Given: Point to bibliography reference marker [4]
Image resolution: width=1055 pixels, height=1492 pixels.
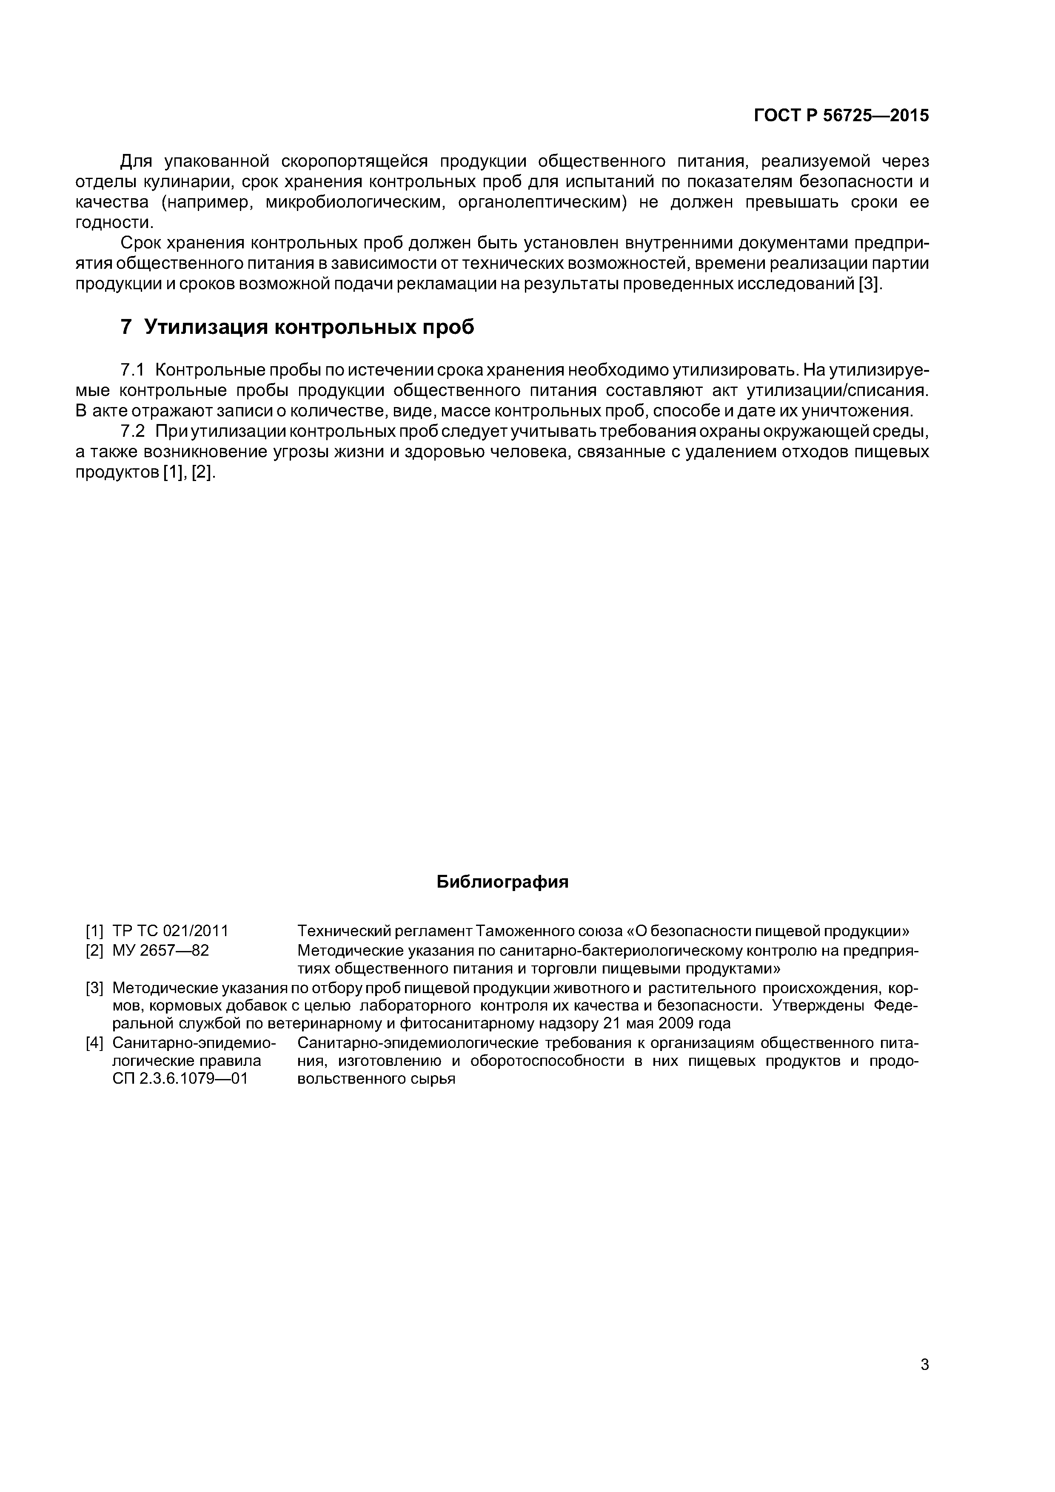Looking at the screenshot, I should pyautogui.click(x=95, y=1044).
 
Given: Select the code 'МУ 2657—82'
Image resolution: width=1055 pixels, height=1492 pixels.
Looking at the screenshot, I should pyautogui.click(x=160, y=950).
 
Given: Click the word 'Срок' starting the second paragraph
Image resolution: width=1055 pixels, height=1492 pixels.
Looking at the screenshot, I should pyautogui.click(x=140, y=244).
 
